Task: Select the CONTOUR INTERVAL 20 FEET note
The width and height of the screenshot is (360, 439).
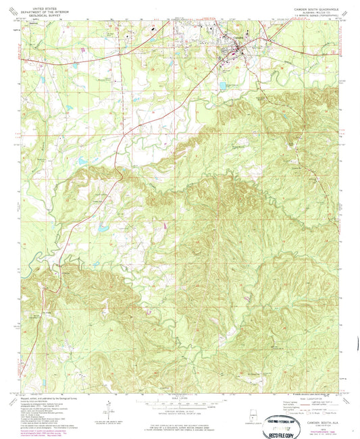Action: tap(180, 410)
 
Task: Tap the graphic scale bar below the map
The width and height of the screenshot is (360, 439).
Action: tap(180, 403)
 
